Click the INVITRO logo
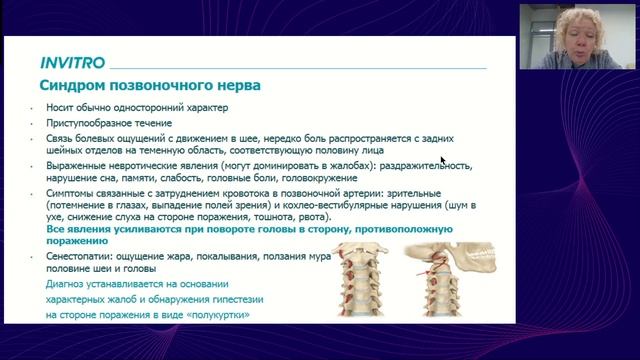click(71, 60)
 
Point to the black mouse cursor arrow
click(443, 158)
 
